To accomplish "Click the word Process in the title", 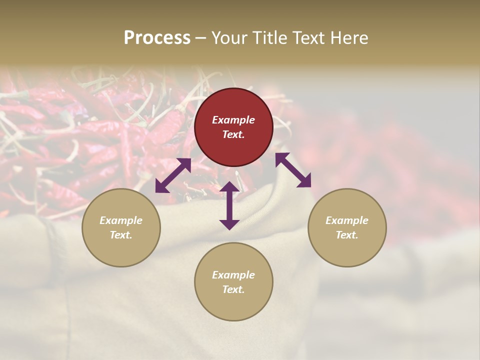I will [157, 38].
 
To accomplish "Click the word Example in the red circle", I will [233, 120].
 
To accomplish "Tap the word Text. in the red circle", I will [233, 134].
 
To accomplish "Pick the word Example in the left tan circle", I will [121, 220].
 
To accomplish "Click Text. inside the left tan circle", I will [121, 235].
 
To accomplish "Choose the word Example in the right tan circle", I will [347, 220].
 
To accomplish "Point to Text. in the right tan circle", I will [347, 235].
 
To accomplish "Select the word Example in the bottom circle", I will [233, 275].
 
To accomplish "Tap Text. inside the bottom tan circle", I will [233, 289].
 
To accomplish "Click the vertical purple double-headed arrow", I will [229, 205].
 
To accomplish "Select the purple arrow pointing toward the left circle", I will [173, 175].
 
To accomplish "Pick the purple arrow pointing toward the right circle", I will [293, 170].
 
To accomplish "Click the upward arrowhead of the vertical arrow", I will [229, 186].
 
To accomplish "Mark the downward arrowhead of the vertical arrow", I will [229, 224].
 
